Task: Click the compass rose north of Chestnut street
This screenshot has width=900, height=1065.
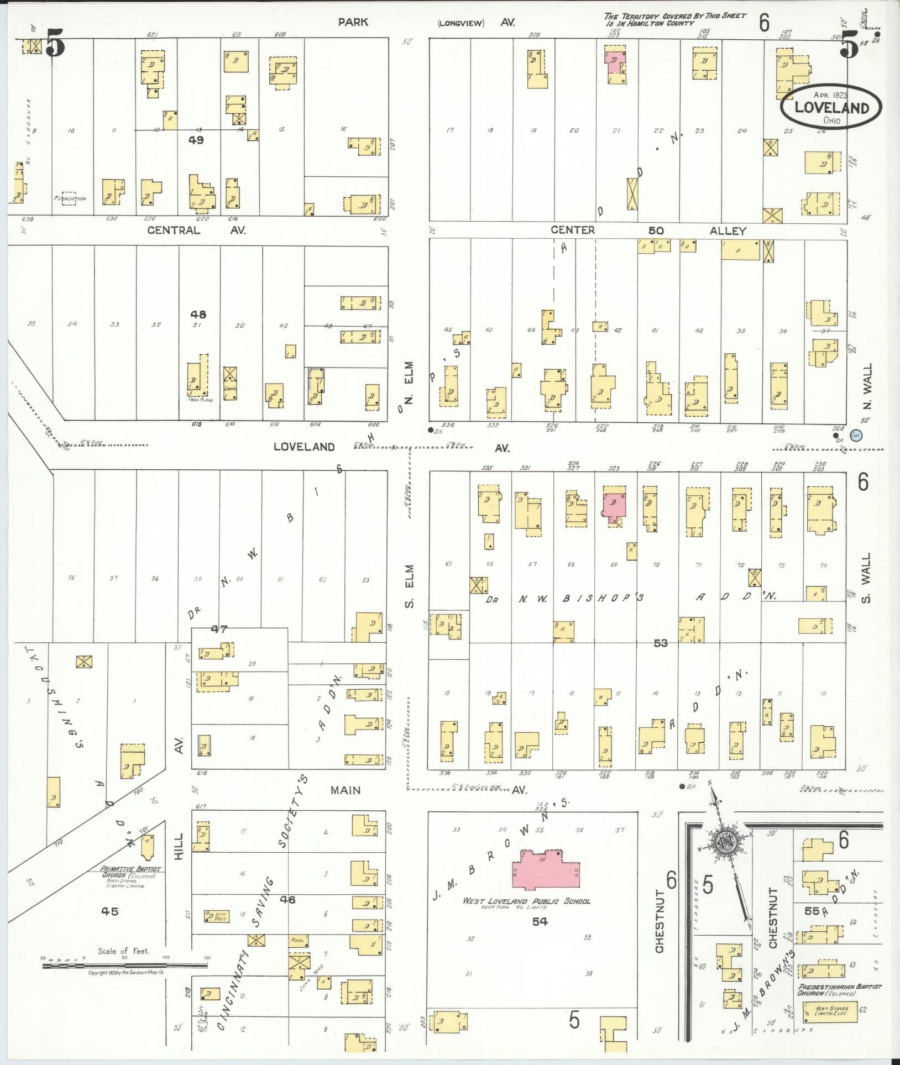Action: pos(723,857)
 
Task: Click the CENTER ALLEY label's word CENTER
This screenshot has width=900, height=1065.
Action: pos(572,230)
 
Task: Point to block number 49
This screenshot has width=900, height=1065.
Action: pos(196,140)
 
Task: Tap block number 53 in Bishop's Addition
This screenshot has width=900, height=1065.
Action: pos(660,643)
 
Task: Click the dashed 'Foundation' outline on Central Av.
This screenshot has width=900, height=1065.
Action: pos(69,198)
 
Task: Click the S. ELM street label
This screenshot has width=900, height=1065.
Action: pos(409,586)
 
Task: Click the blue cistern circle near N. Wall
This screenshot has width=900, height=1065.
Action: pos(856,436)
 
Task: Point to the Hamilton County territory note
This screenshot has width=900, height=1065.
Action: pos(674,20)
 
